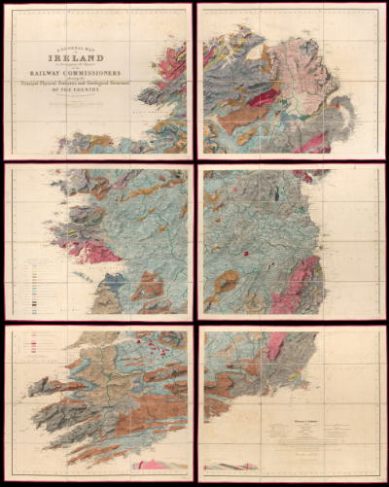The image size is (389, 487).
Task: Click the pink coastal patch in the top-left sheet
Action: [x=172, y=64]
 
